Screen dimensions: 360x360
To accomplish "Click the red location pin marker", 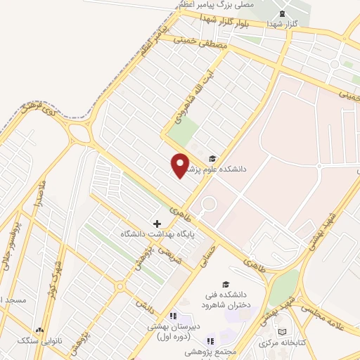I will pyautogui.click(x=180, y=165).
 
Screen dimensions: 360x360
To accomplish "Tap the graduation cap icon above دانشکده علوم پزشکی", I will pyautogui.click(x=213, y=157).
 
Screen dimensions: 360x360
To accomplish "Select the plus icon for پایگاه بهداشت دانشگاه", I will pyautogui.click(x=157, y=223).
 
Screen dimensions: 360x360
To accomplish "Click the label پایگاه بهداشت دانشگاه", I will pyautogui.click(x=156, y=233).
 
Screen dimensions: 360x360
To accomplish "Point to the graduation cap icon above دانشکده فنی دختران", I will pyautogui.click(x=226, y=284).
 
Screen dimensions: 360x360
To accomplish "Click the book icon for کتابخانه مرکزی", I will pyautogui.click(x=282, y=332).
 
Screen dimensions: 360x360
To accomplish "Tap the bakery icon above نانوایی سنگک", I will pyautogui.click(x=40, y=329).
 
